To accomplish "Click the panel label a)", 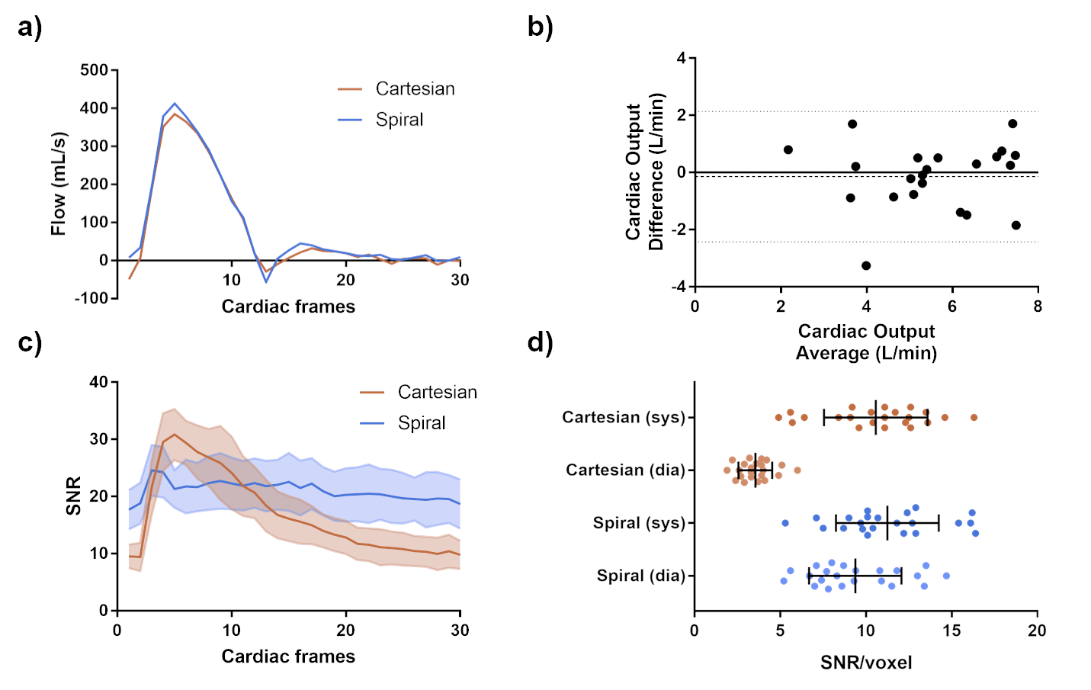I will pos(30,28).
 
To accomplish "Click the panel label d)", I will pos(540,342).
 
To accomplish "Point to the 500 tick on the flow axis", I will pos(95,70).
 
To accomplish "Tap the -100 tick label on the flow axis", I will pos(91,298).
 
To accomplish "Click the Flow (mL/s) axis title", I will pos(59,184).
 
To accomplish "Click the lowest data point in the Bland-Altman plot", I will pos(866,266).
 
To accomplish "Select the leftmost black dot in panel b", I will pos(788,150).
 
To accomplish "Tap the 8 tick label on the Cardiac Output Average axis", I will pos(1038,306).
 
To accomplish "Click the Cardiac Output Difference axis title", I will pos(644,172).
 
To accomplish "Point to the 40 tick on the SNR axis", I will pos(99,382).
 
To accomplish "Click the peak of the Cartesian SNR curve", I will pos(175,435).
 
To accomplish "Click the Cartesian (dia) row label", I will pos(625,470).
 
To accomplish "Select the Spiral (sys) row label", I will pos(639,523).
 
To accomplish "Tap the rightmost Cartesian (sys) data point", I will pos(974,418).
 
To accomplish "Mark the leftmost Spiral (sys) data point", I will pos(785,523).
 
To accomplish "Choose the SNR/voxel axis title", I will pos(866,663).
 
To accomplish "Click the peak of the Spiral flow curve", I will pos(175,104).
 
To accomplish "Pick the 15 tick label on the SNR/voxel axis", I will pos(951,631).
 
